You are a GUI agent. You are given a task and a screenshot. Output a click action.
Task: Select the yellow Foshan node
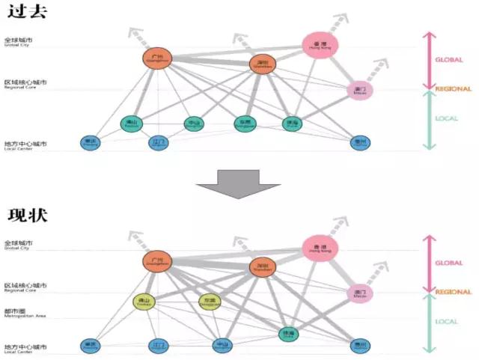[144, 302]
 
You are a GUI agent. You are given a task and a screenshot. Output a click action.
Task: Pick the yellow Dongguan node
[210, 302]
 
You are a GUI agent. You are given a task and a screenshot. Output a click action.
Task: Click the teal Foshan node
[132, 123]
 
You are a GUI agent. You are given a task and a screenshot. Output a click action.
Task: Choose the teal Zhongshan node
[195, 123]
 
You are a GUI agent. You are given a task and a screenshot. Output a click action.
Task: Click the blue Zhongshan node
[222, 346]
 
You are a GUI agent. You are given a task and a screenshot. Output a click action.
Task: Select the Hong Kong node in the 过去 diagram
[320, 45]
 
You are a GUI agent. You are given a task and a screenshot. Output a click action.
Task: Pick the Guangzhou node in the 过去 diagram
[157, 58]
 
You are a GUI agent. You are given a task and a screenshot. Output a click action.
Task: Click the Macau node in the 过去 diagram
[360, 91]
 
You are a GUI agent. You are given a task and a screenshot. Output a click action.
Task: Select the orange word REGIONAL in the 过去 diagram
[453, 89]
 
